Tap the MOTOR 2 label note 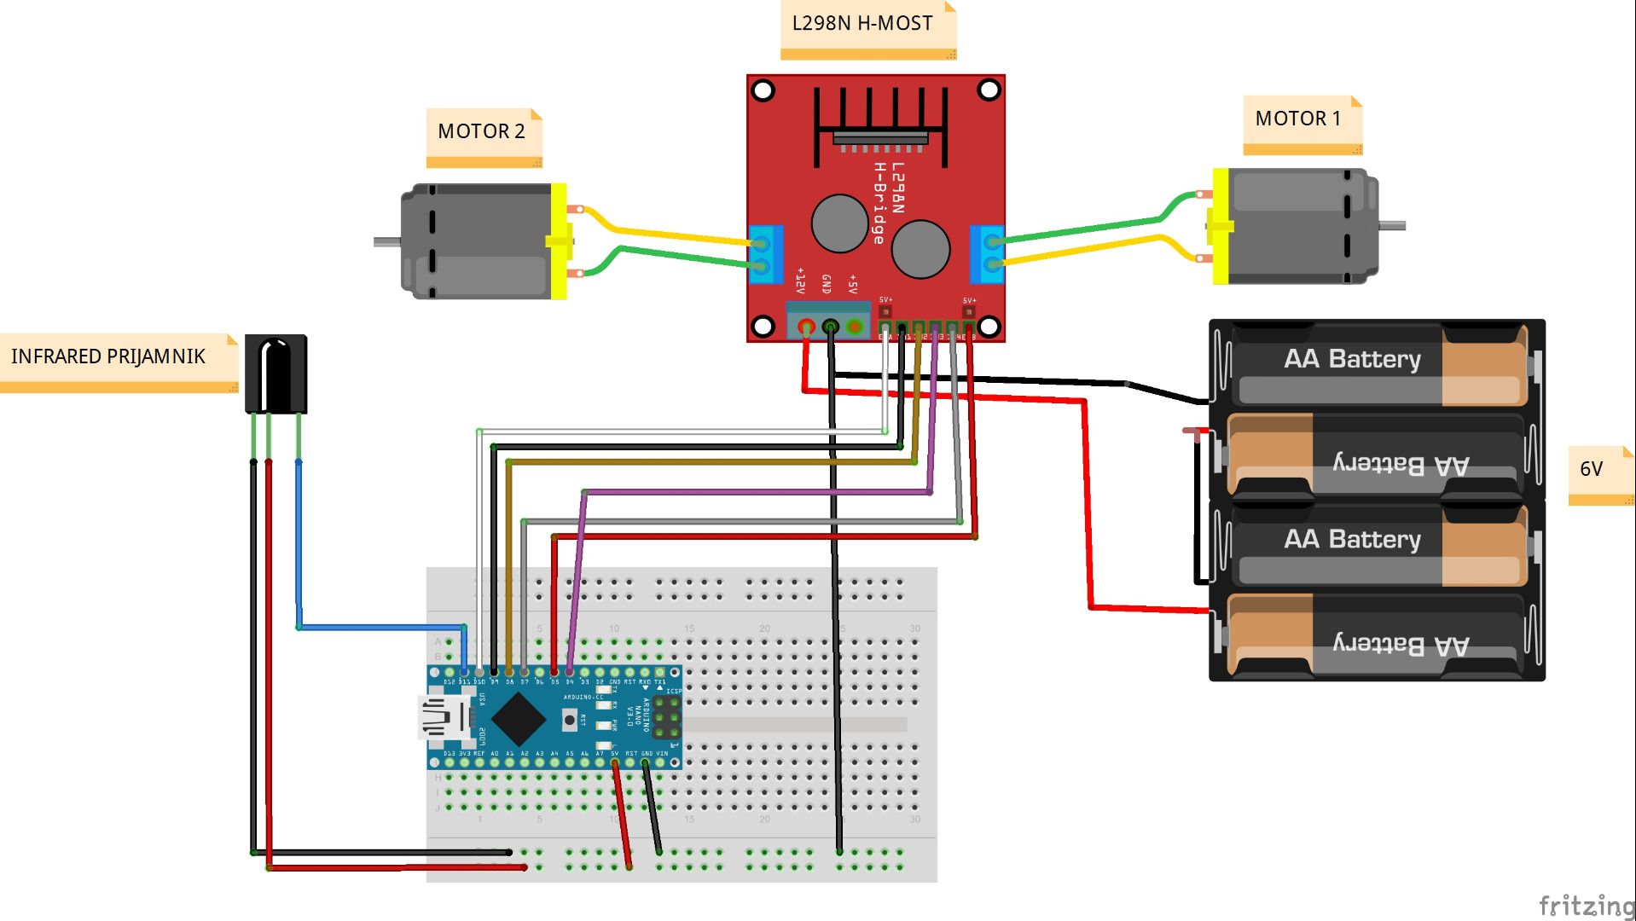coord(482,132)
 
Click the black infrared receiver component coord(276,374)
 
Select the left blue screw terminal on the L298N coord(765,254)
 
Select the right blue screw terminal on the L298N coord(988,254)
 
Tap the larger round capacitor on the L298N coord(921,249)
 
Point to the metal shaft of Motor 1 coord(1392,226)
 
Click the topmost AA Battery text coord(1353,359)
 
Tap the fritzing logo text coord(1585,905)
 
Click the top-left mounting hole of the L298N coord(763,90)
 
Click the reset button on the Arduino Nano coord(570,720)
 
